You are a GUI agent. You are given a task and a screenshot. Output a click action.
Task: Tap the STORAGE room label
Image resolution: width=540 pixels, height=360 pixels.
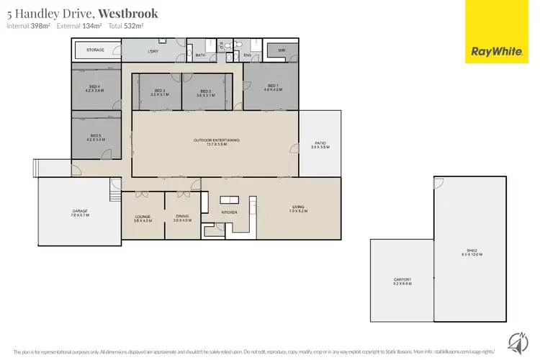[96, 50]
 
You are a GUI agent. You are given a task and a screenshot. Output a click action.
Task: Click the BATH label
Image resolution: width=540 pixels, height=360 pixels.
[200, 55]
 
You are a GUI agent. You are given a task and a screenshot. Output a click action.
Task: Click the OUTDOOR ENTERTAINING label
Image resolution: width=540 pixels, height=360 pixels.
[216, 141]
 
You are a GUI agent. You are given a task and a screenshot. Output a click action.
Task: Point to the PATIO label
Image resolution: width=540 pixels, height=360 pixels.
[320, 144]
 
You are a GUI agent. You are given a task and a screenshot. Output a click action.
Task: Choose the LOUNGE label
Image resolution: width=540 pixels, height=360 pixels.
[142, 218]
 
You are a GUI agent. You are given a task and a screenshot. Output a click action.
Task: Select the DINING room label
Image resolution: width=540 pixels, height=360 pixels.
[182, 218]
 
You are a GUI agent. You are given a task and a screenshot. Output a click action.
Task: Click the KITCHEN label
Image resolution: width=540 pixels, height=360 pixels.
[229, 213]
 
